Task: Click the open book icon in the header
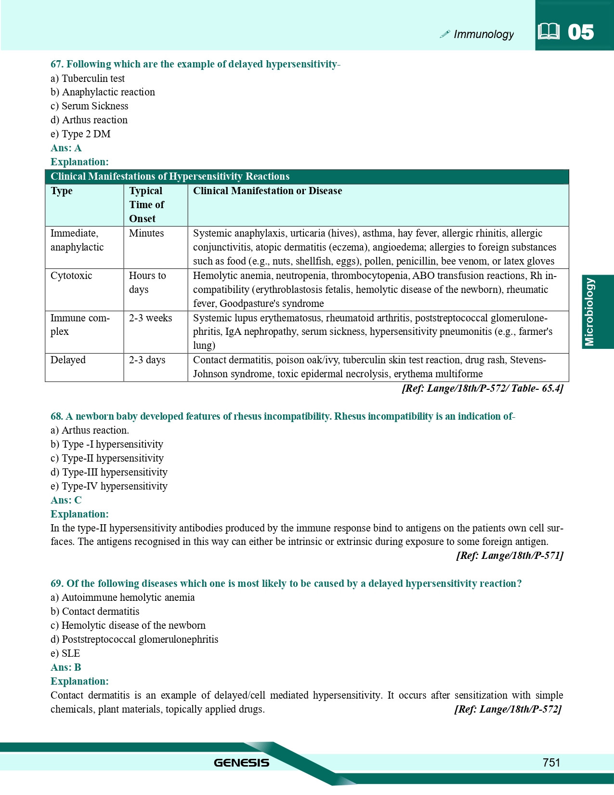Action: [549, 32]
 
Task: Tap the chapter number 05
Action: [580, 32]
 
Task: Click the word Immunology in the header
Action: [483, 34]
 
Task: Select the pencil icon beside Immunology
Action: [445, 34]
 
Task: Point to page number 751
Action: [551, 762]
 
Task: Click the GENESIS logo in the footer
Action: [241, 763]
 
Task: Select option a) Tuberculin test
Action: [88, 79]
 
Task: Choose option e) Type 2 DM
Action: [80, 134]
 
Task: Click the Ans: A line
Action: [66, 148]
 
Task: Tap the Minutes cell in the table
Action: [146, 233]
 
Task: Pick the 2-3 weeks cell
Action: [150, 318]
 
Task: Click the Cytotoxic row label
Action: [71, 276]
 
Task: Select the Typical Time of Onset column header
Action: [146, 205]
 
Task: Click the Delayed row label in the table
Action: [68, 360]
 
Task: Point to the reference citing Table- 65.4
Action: [482, 388]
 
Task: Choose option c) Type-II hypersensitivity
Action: [107, 458]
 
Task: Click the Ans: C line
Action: [66, 500]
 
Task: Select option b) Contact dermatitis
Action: [95, 611]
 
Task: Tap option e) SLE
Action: [65, 653]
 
